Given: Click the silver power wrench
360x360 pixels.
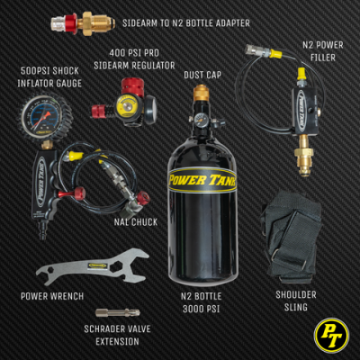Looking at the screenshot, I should [90, 267].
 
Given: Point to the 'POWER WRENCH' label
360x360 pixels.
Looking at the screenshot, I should [53, 295].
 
